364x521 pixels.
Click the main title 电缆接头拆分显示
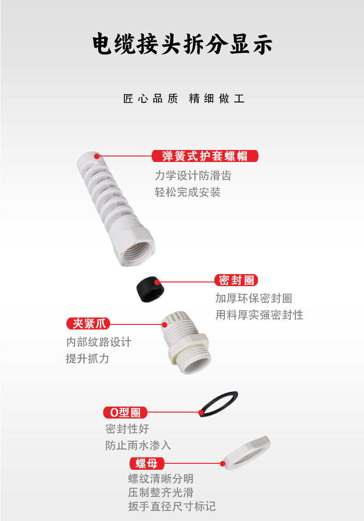(182, 44)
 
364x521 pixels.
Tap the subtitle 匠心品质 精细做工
(184, 99)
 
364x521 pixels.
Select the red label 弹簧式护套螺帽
(205, 156)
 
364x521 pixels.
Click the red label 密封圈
(236, 280)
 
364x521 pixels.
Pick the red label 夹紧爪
(88, 323)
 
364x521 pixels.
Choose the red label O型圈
(125, 413)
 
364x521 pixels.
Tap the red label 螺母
(147, 463)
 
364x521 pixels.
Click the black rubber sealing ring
(150, 289)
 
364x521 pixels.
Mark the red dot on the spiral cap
(97, 156)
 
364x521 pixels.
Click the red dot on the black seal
(157, 282)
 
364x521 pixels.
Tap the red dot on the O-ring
(201, 413)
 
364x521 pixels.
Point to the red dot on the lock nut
(223, 463)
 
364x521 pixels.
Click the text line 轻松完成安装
(188, 192)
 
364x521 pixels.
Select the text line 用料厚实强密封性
(259, 315)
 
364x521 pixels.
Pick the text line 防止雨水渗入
(138, 445)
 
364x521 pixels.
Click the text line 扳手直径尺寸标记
(172, 506)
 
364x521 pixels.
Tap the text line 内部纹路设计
(99, 342)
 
